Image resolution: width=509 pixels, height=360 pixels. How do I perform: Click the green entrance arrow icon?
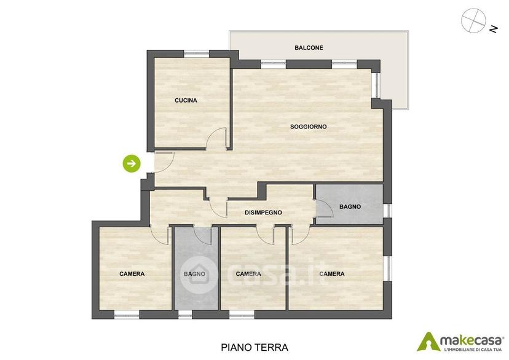coord(132,163)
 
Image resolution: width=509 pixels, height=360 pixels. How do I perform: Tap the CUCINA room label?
coord(186,101)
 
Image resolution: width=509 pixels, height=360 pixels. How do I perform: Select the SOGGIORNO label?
coord(309,127)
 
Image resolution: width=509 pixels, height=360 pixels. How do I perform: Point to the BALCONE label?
coord(309,48)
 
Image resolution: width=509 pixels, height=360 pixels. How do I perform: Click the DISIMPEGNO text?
coord(263,213)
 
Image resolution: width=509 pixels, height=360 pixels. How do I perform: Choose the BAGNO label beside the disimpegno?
coord(350,206)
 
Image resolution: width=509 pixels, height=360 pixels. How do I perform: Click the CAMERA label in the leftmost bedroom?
coord(132,274)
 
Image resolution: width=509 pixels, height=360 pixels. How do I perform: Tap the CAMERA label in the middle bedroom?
coord(248,274)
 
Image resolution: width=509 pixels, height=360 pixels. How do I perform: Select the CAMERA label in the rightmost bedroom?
coord(332,274)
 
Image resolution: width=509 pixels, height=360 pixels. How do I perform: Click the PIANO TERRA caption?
coord(254,347)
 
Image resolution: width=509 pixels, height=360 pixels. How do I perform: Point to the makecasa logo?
coord(460,342)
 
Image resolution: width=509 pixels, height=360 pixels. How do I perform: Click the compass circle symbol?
coord(473,20)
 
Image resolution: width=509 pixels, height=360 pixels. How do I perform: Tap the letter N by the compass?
coord(494,29)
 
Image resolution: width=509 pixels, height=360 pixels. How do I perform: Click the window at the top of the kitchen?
coord(196,54)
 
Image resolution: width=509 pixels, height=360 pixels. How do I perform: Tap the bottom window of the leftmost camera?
coord(127,315)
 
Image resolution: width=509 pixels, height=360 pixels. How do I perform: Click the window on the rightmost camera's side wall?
coord(388,268)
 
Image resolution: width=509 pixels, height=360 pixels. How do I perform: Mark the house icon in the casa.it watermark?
coord(199,275)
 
